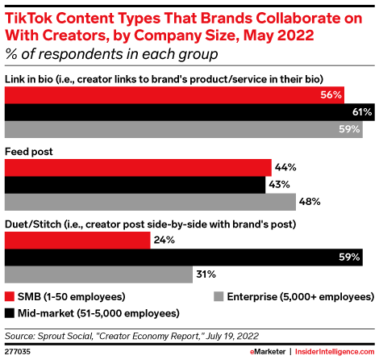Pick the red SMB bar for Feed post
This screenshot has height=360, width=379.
pyautogui.click(x=138, y=167)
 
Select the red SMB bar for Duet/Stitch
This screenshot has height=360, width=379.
pyautogui.click(x=77, y=240)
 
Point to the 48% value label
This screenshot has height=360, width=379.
pyautogui.click(x=310, y=201)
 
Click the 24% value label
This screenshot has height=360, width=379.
pyautogui.click(x=165, y=240)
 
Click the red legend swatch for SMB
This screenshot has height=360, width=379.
pyautogui.click(x=10, y=297)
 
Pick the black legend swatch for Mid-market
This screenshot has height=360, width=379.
pyautogui.click(x=10, y=312)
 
